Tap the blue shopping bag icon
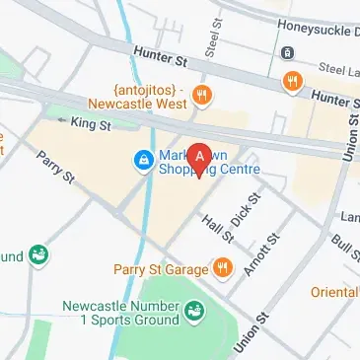point(143,159)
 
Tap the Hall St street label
point(218,229)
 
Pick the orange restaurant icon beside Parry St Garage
point(224,267)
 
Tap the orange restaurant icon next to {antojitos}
point(203,96)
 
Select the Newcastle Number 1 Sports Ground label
point(115,315)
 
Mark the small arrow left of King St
point(61,120)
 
